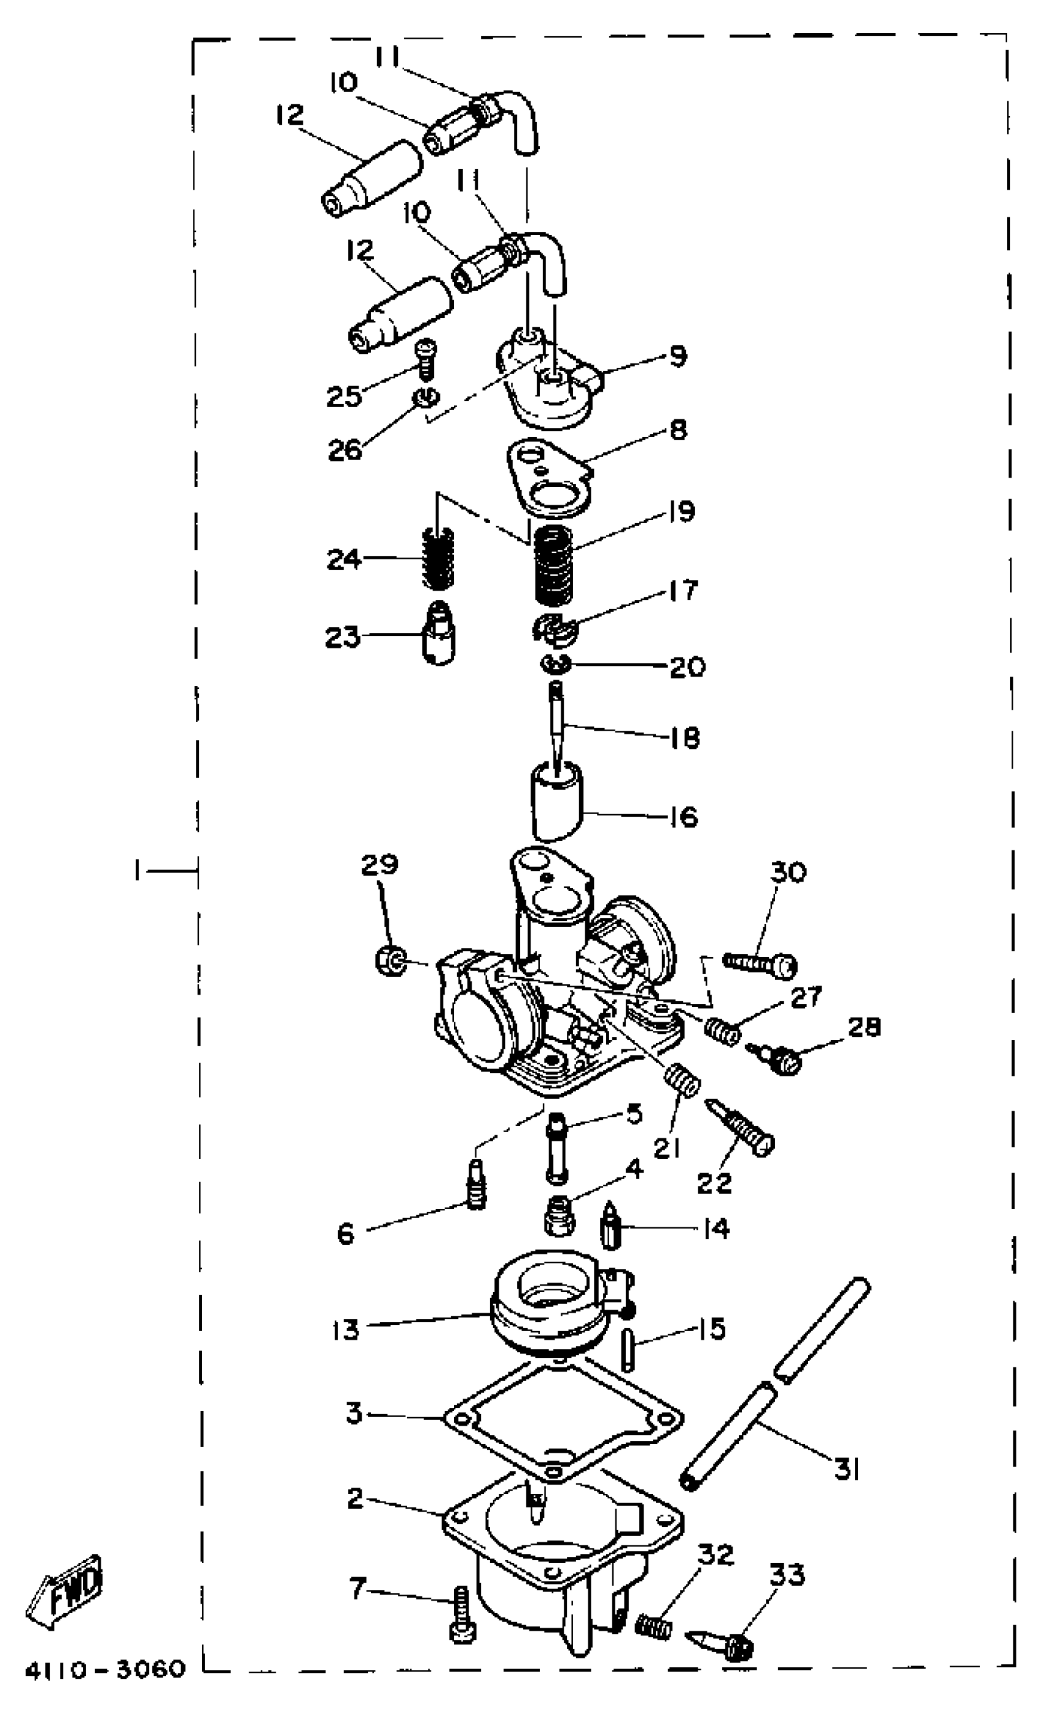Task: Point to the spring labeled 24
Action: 438,558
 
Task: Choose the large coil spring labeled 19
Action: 555,565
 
